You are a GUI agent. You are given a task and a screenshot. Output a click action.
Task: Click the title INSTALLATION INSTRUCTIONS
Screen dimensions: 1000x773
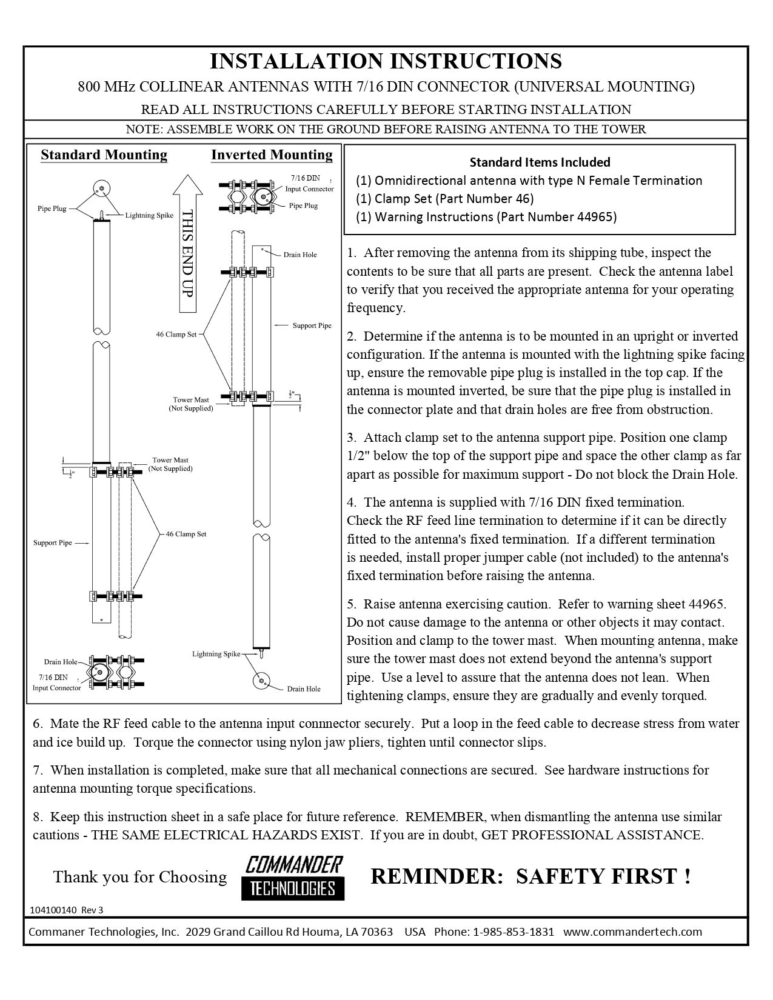pyautogui.click(x=386, y=61)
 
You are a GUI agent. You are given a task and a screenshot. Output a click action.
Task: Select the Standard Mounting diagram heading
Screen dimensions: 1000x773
pyautogui.click(x=104, y=155)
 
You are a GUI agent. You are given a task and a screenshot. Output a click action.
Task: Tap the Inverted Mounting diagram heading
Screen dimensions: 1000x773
pyautogui.click(x=272, y=155)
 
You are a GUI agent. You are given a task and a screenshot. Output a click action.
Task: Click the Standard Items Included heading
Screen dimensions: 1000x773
pyautogui.click(x=540, y=162)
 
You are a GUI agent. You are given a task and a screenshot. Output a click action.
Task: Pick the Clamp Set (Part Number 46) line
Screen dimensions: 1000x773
pyautogui.click(x=445, y=199)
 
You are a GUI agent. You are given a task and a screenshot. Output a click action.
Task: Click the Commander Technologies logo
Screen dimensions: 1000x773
pyautogui.click(x=293, y=877)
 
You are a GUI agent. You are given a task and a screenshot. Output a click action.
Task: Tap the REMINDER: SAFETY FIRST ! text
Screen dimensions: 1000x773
pyautogui.click(x=530, y=876)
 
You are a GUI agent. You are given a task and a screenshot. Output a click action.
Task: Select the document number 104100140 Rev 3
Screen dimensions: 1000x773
pyautogui.click(x=62, y=910)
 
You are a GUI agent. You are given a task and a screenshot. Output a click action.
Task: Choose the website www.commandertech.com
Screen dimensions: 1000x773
pyautogui.click(x=632, y=932)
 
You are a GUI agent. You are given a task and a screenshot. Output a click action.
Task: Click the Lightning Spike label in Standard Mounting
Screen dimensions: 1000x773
pyautogui.click(x=149, y=215)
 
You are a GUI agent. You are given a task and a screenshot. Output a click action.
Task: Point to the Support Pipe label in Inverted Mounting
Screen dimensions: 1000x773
pyautogui.click(x=312, y=325)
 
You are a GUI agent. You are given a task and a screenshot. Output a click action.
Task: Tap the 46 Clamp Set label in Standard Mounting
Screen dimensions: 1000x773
pyautogui.click(x=186, y=534)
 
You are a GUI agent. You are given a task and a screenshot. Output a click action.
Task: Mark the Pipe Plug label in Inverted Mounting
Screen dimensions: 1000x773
pyautogui.click(x=303, y=205)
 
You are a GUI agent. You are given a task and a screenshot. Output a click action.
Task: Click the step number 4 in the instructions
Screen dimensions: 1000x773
pyautogui.click(x=351, y=502)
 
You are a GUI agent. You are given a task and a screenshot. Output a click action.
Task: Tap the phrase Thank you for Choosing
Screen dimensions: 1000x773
pyautogui.click(x=140, y=877)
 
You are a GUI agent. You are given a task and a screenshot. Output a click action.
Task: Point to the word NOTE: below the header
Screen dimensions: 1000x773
pyautogui.click(x=144, y=129)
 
